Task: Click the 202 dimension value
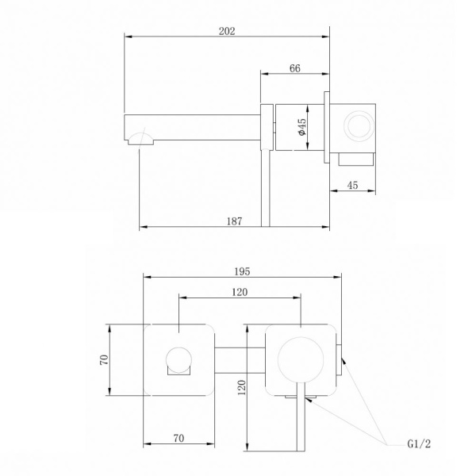tap(227, 31)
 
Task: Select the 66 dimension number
tap(295, 68)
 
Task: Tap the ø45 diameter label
tap(302, 127)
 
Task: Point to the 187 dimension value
tap(235, 221)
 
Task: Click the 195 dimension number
tap(242, 271)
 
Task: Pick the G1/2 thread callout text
tap(419, 443)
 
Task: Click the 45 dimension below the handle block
tap(352, 185)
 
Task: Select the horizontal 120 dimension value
tap(240, 292)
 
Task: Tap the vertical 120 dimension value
tap(242, 387)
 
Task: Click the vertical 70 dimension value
tap(104, 359)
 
